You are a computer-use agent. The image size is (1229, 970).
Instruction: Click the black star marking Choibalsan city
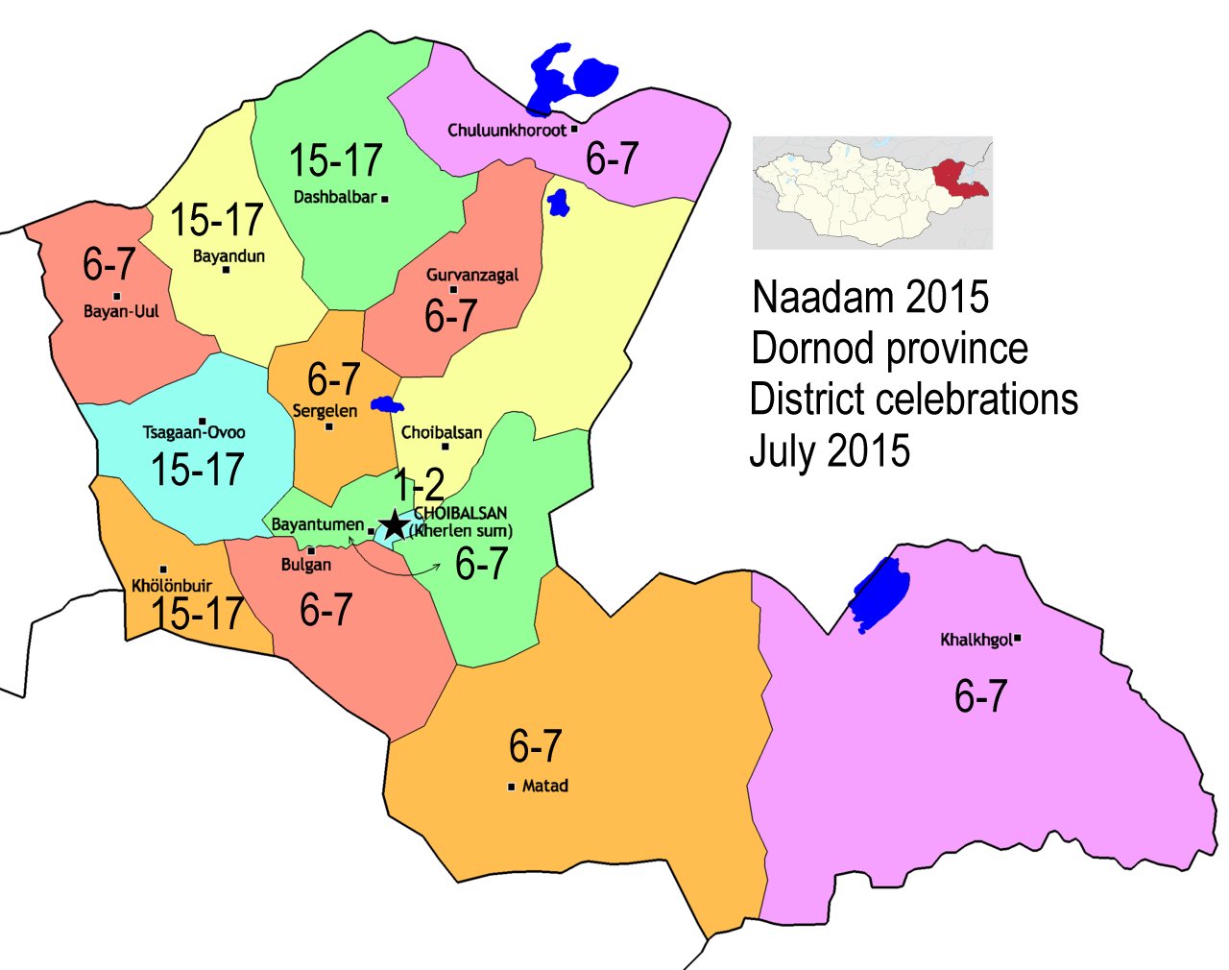(x=394, y=525)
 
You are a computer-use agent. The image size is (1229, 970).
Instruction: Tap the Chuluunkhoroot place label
(x=507, y=130)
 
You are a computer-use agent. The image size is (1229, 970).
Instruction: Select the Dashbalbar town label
(x=334, y=198)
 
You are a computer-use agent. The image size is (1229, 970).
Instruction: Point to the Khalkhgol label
(x=976, y=640)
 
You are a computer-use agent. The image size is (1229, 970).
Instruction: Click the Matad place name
(x=544, y=786)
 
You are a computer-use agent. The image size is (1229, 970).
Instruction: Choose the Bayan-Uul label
(x=121, y=311)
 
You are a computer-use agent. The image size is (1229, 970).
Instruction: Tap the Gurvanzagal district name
(x=472, y=275)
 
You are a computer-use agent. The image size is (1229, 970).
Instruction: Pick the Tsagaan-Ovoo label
(x=194, y=432)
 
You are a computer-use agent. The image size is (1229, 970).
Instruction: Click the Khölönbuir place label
(x=172, y=585)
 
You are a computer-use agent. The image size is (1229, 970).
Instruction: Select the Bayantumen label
(x=318, y=524)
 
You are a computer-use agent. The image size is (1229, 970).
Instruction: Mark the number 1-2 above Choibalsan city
(x=420, y=486)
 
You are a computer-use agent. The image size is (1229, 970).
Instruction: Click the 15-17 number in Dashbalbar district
(x=335, y=160)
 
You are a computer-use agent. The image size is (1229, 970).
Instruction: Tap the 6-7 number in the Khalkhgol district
(x=980, y=695)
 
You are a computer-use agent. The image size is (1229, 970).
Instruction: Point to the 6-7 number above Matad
(x=535, y=745)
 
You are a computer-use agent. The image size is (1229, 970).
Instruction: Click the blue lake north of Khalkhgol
(x=880, y=594)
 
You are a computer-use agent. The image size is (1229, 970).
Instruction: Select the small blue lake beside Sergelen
(x=387, y=404)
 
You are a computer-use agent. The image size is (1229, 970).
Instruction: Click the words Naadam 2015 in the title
(x=870, y=297)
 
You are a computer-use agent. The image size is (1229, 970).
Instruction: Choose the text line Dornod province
(x=889, y=349)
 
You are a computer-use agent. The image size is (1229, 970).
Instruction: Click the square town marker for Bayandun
(x=226, y=270)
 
